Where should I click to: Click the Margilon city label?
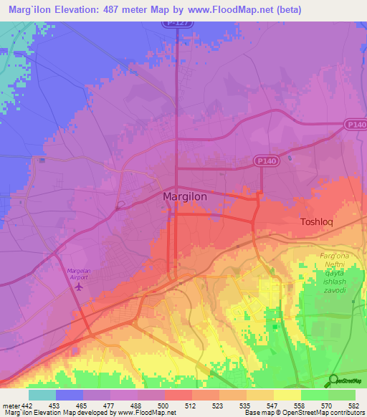click(x=188, y=196)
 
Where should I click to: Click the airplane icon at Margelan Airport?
click(x=78, y=287)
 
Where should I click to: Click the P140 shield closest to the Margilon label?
click(x=264, y=163)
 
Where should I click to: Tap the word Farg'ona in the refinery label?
click(x=334, y=256)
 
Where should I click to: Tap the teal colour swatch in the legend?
click(x=42, y=395)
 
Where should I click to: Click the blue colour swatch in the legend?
click(x=70, y=395)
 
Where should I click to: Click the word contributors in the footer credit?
click(x=348, y=413)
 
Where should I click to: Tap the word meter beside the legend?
click(x=9, y=406)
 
